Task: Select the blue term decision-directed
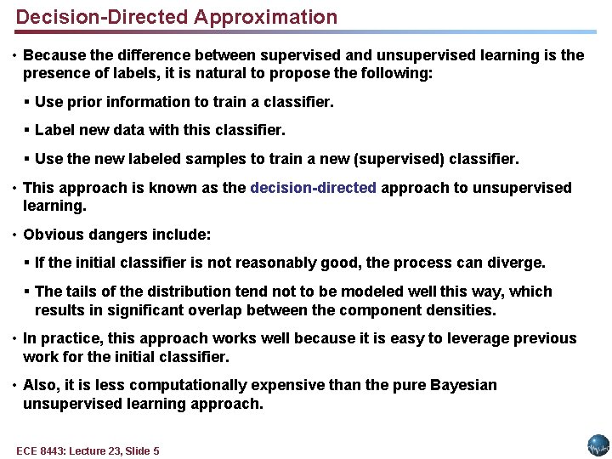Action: coord(314,188)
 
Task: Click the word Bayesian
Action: coord(462,385)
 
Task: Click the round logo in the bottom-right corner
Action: coord(598,445)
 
